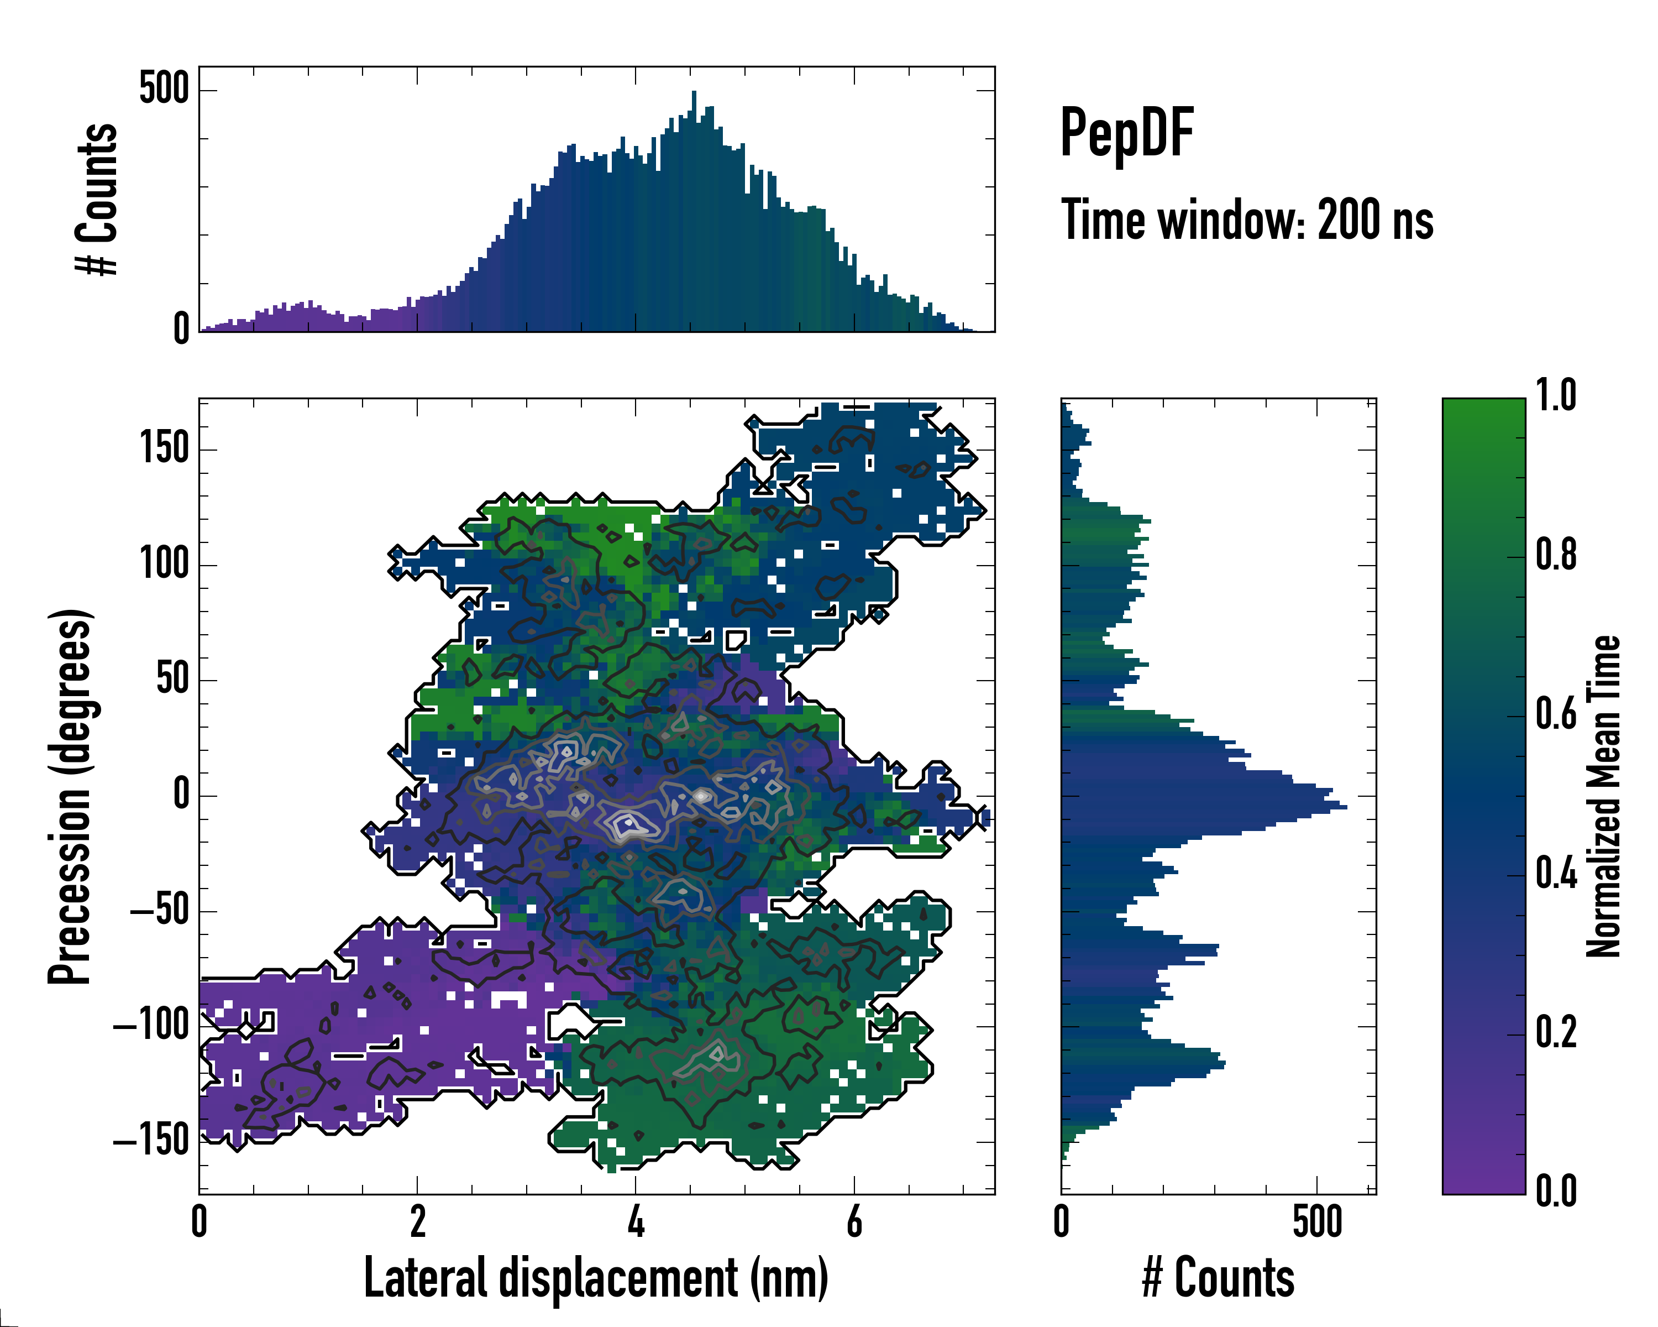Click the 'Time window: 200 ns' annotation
(x=1247, y=221)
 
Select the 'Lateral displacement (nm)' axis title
(x=596, y=1278)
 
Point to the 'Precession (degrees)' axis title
(x=71, y=796)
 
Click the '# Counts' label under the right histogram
(x=1218, y=1278)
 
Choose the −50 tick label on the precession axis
(x=159, y=910)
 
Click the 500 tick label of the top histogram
(x=164, y=89)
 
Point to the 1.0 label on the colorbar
(x=1556, y=396)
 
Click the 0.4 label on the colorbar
(x=1556, y=875)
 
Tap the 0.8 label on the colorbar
(x=1556, y=556)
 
